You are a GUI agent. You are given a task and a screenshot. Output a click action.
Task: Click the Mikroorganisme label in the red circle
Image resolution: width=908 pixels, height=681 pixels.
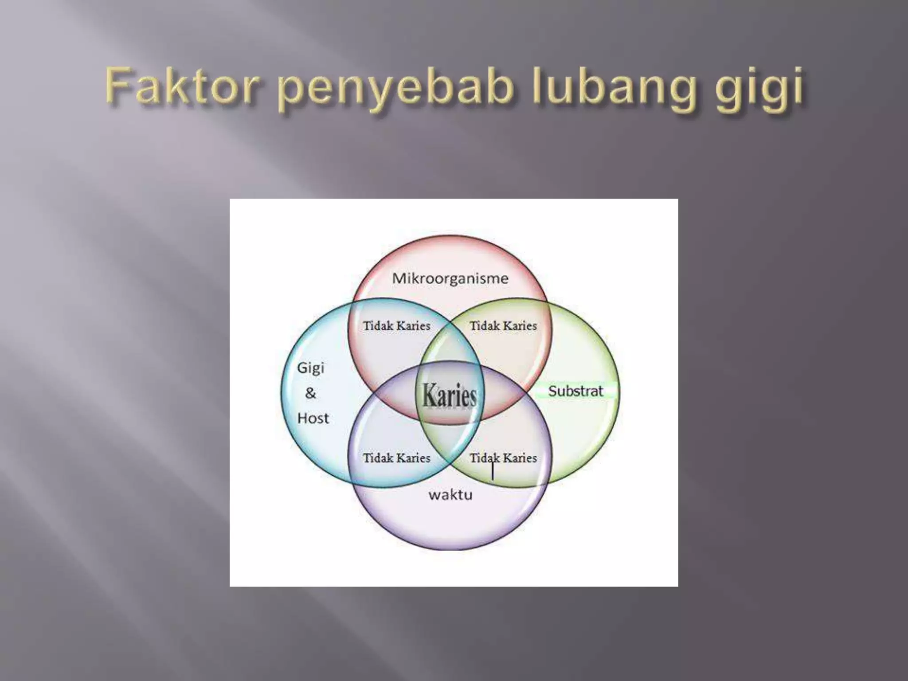[x=450, y=278]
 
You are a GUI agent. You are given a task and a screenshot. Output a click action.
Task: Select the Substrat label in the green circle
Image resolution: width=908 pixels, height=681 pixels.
[x=575, y=391]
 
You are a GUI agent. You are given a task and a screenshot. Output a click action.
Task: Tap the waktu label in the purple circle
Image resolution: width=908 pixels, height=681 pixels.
[x=450, y=495]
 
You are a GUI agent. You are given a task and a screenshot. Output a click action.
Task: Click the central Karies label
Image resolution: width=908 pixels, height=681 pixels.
[x=449, y=395]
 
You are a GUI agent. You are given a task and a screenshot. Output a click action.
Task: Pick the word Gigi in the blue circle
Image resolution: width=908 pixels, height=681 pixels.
[x=310, y=368]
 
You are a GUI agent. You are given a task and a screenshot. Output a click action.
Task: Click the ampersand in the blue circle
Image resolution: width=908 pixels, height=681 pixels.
[x=311, y=393]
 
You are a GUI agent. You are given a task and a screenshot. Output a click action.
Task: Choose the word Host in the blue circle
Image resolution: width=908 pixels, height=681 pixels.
[x=313, y=418]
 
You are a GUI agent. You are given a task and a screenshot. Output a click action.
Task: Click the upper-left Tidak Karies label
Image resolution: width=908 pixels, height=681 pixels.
[x=396, y=326]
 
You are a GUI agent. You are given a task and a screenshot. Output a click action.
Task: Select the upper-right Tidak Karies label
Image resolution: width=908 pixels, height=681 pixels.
[x=503, y=326]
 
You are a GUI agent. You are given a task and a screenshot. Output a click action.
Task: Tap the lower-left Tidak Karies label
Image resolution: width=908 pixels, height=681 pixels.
[x=396, y=458]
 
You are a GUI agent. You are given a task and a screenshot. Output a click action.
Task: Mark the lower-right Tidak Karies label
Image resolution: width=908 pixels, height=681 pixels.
[x=503, y=458]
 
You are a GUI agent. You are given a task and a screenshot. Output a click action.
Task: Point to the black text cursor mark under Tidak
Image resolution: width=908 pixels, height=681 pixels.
[x=493, y=471]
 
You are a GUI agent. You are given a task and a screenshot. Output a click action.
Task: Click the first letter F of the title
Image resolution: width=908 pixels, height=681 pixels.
[x=117, y=85]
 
